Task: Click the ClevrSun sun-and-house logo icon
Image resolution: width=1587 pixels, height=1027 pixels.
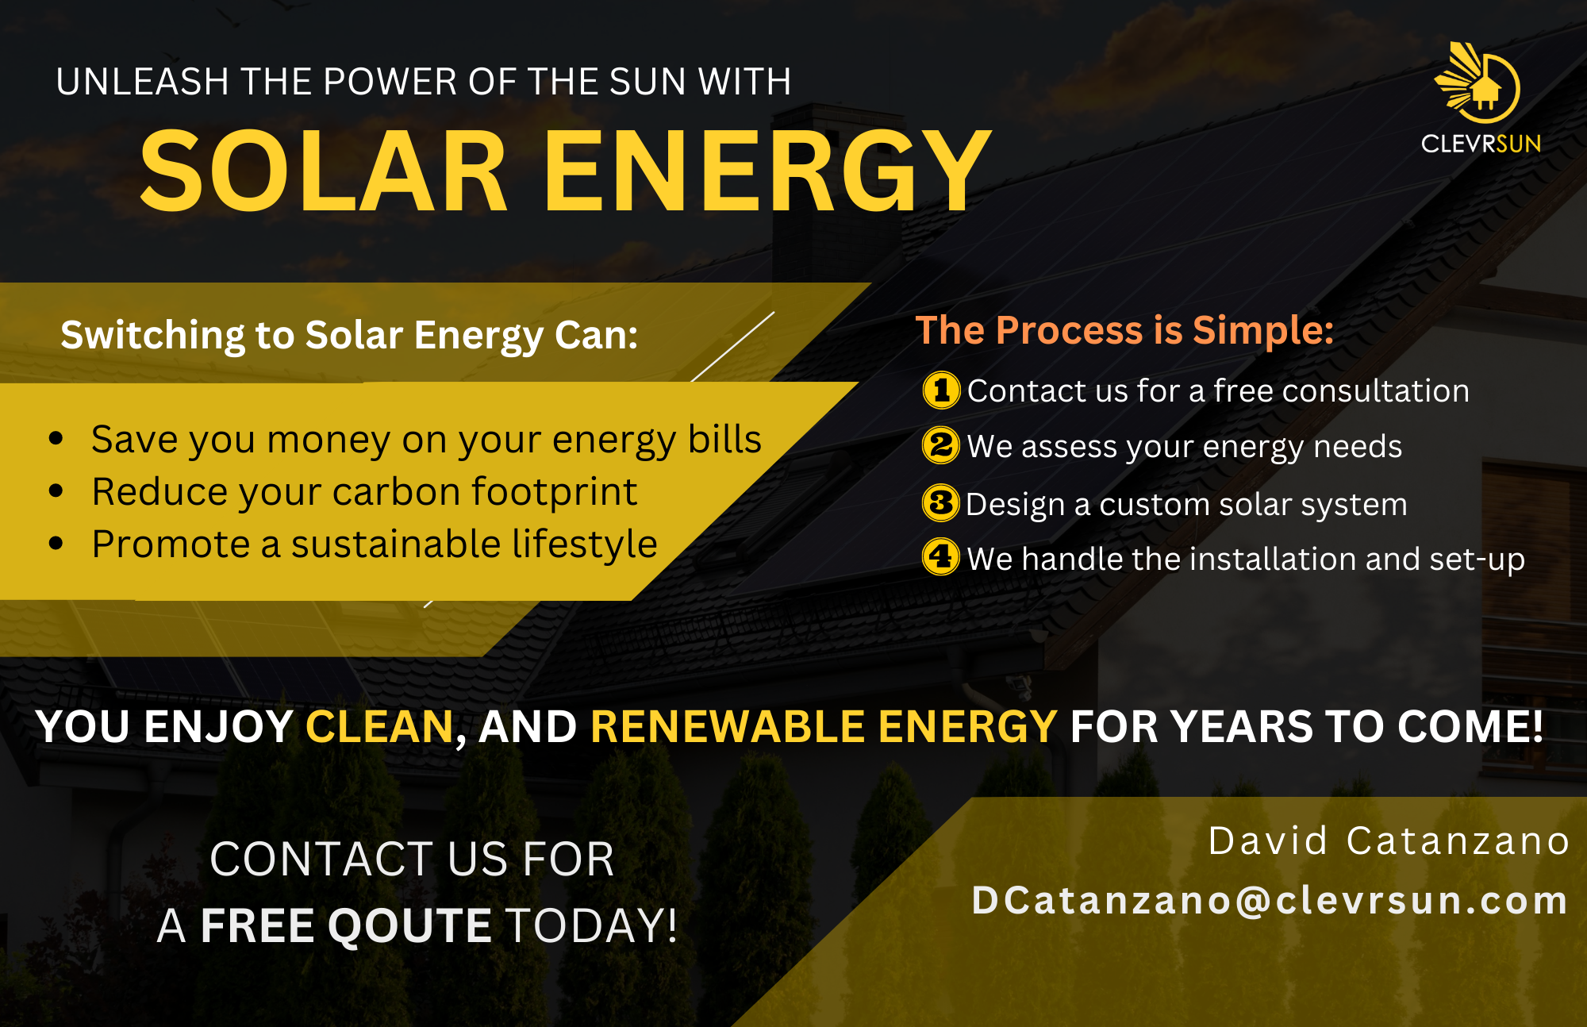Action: pyautogui.click(x=1477, y=83)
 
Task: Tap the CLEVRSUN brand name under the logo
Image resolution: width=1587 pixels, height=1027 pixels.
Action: pyautogui.click(x=1481, y=144)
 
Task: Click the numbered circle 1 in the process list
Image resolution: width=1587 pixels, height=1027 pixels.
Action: pyautogui.click(x=941, y=390)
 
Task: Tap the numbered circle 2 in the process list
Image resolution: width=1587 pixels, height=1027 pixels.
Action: pyautogui.click(x=941, y=445)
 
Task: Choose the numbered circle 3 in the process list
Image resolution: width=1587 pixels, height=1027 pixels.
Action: pyautogui.click(x=941, y=503)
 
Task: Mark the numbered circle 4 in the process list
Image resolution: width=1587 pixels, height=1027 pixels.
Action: pyautogui.click(x=941, y=557)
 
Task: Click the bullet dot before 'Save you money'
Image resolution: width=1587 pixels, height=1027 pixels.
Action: pyautogui.click(x=56, y=438)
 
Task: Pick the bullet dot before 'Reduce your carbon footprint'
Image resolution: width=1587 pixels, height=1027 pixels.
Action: pyautogui.click(x=56, y=491)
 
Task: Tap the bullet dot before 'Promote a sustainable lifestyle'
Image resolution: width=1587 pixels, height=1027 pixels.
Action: pyautogui.click(x=56, y=544)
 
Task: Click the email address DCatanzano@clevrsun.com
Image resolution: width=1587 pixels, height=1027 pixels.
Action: pyautogui.click(x=1270, y=901)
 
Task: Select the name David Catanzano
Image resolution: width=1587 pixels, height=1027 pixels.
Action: pyautogui.click(x=1389, y=841)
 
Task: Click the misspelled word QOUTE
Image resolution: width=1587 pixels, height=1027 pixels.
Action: pyautogui.click(x=411, y=925)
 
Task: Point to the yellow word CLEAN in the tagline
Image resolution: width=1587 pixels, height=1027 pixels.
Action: pyautogui.click(x=379, y=727)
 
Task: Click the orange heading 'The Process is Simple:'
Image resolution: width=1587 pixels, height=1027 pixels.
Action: pyautogui.click(x=1124, y=330)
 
